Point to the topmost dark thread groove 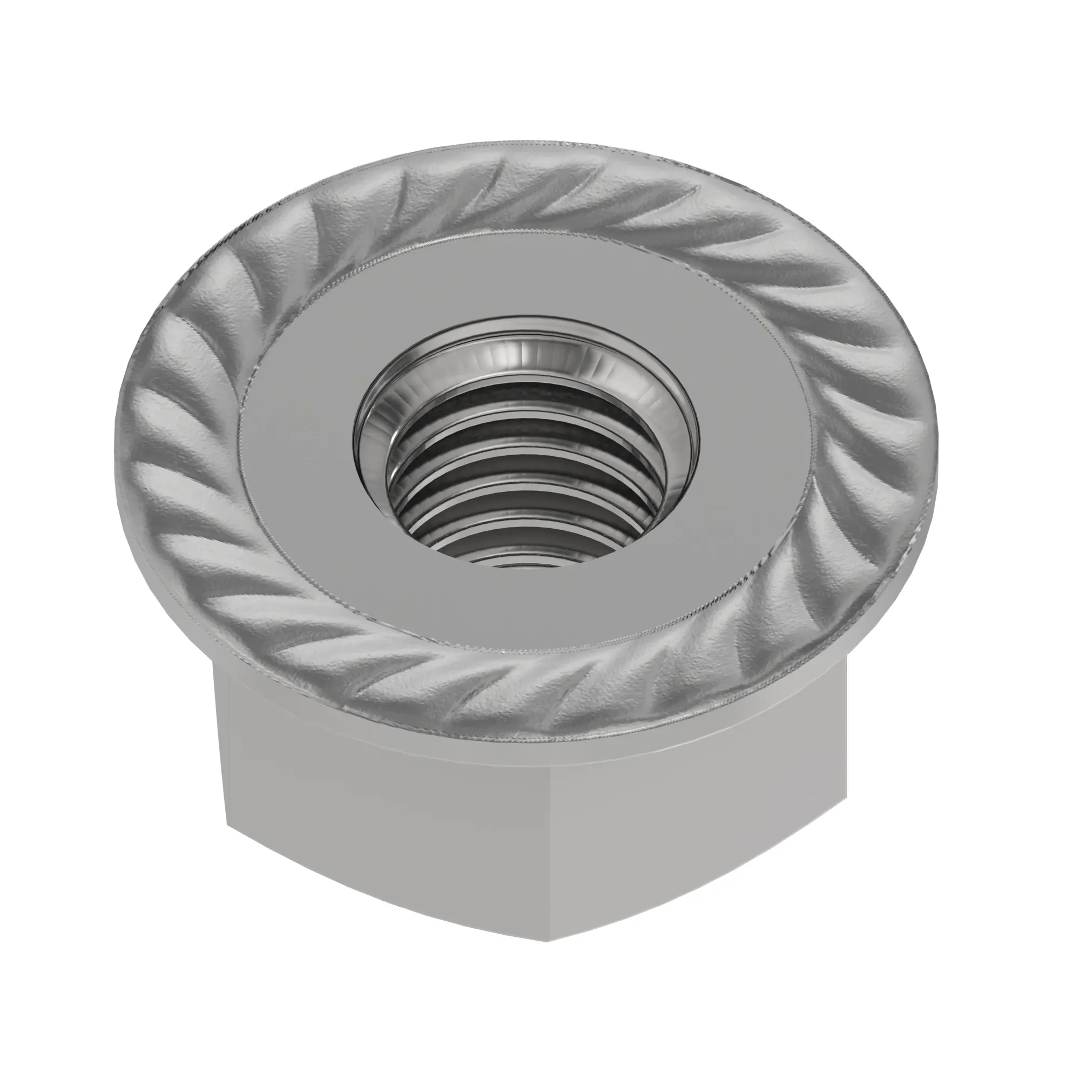click(525, 394)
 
